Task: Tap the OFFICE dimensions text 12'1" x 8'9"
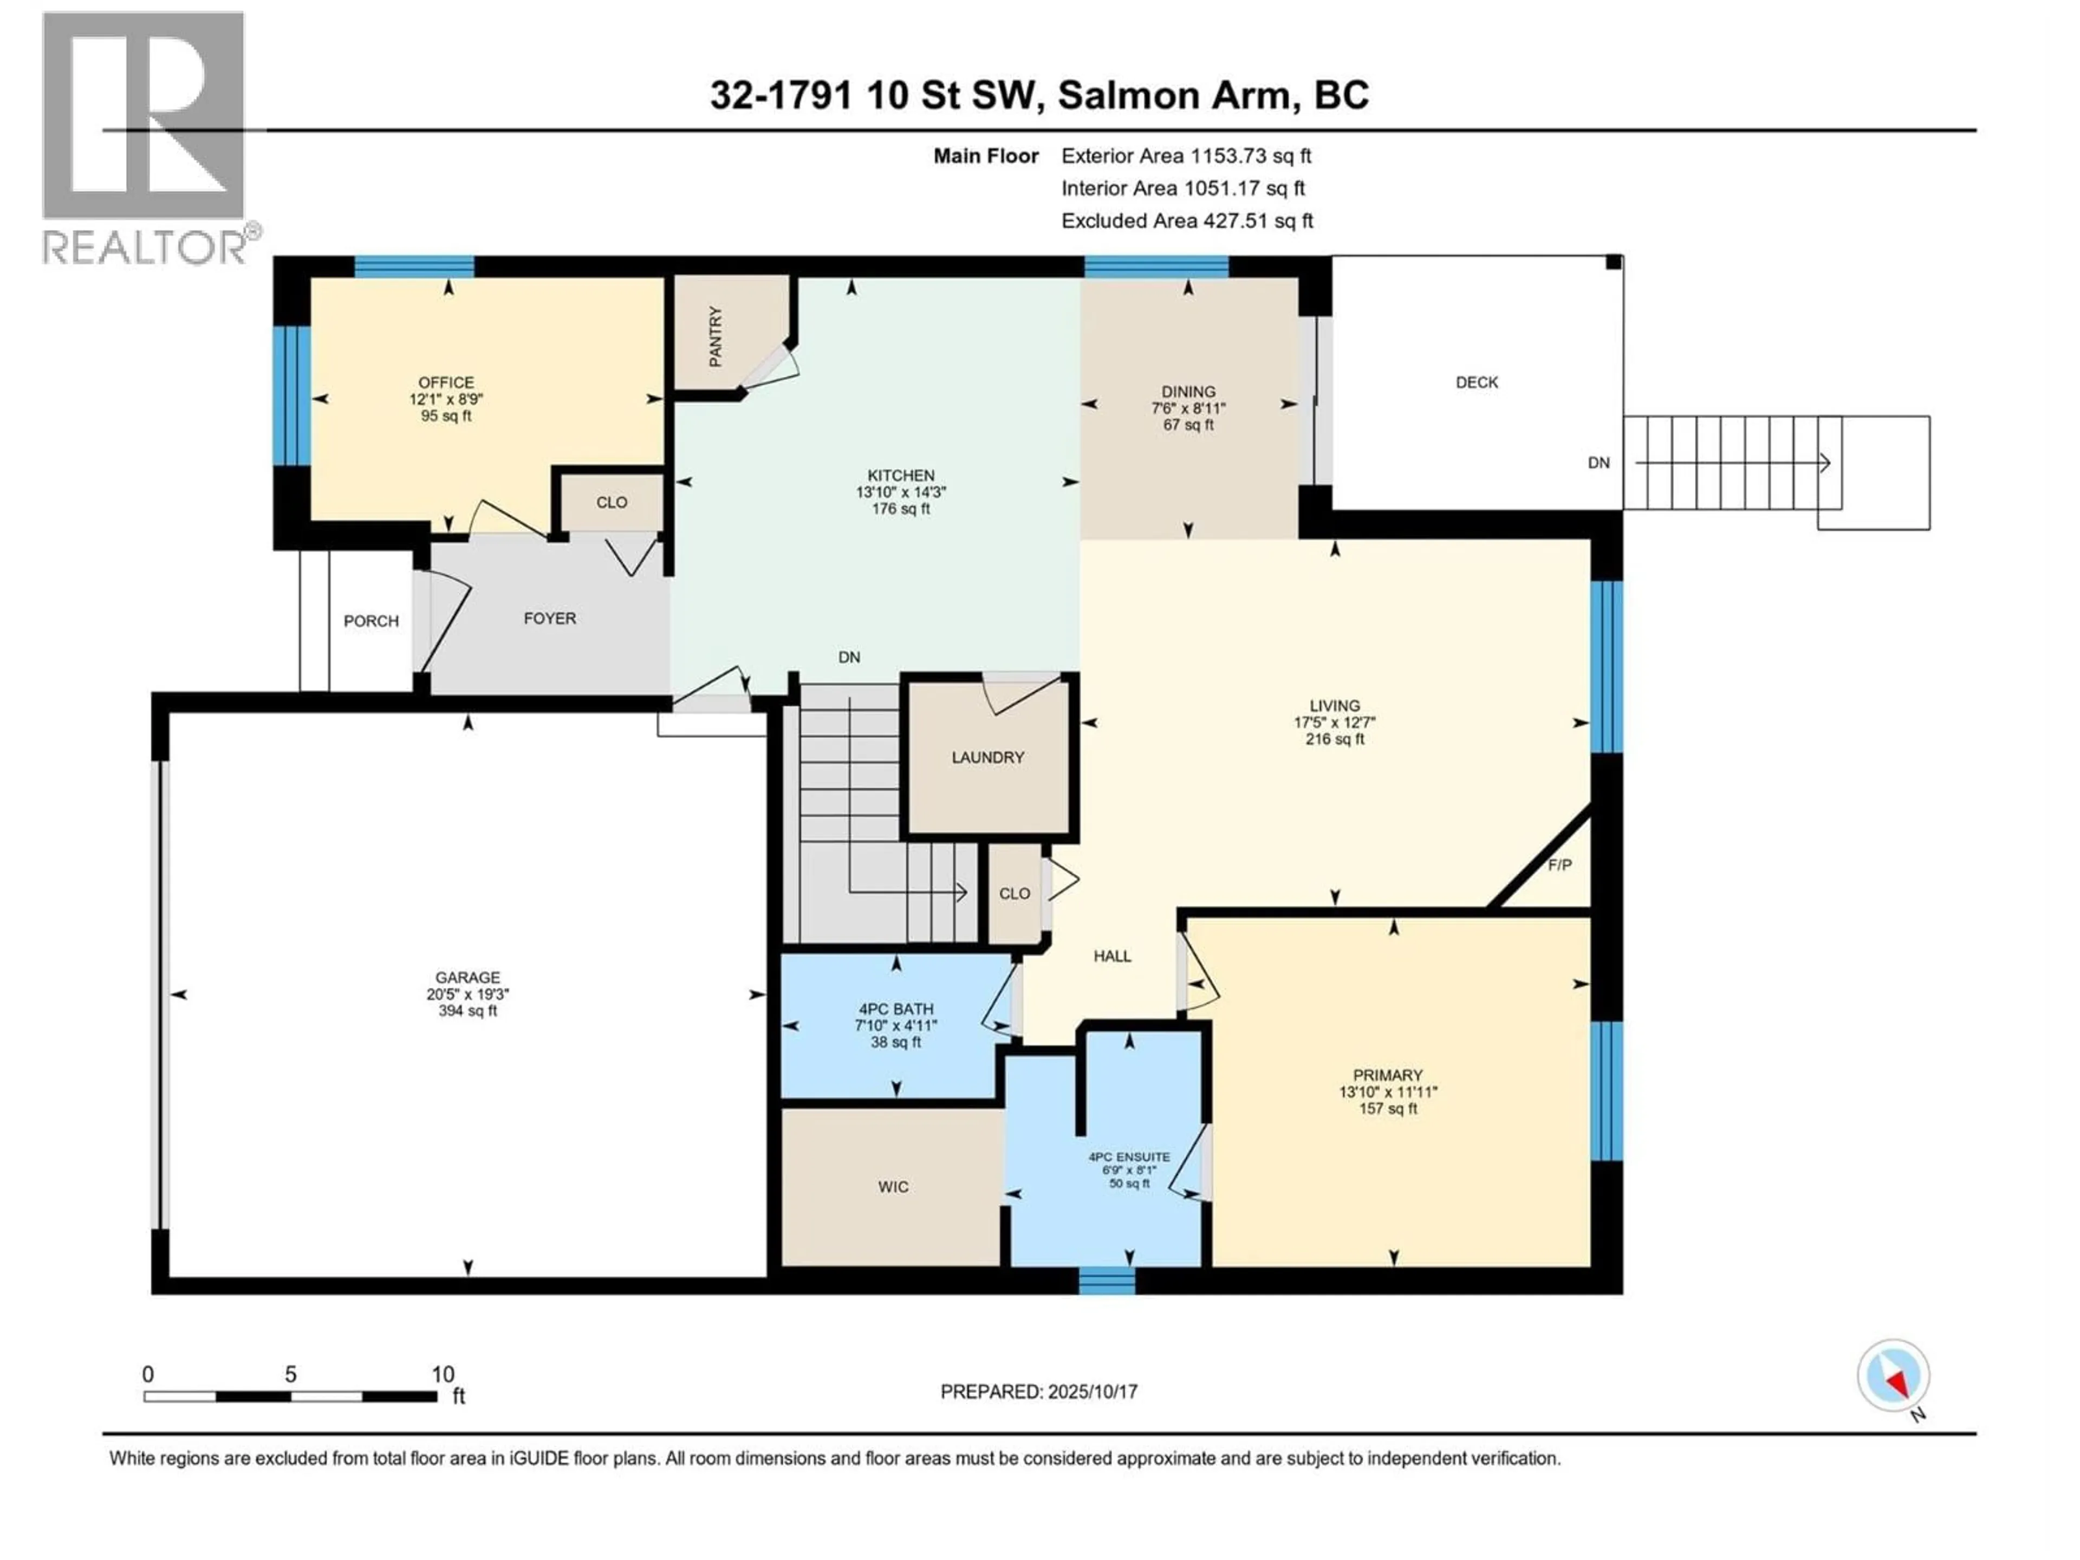pyautogui.click(x=446, y=399)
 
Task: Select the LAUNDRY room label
pyautogui.click(x=987, y=757)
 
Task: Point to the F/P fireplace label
pyautogui.click(x=1559, y=864)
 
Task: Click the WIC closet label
pyautogui.click(x=893, y=1187)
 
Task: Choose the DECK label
pyautogui.click(x=1476, y=382)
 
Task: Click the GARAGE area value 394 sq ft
pyautogui.click(x=467, y=1011)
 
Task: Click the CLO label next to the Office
pyautogui.click(x=611, y=502)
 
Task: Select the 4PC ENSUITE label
pyautogui.click(x=1129, y=1156)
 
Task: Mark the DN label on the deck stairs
pyautogui.click(x=1598, y=463)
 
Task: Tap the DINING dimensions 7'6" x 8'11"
pyautogui.click(x=1188, y=408)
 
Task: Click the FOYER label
pyautogui.click(x=550, y=618)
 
